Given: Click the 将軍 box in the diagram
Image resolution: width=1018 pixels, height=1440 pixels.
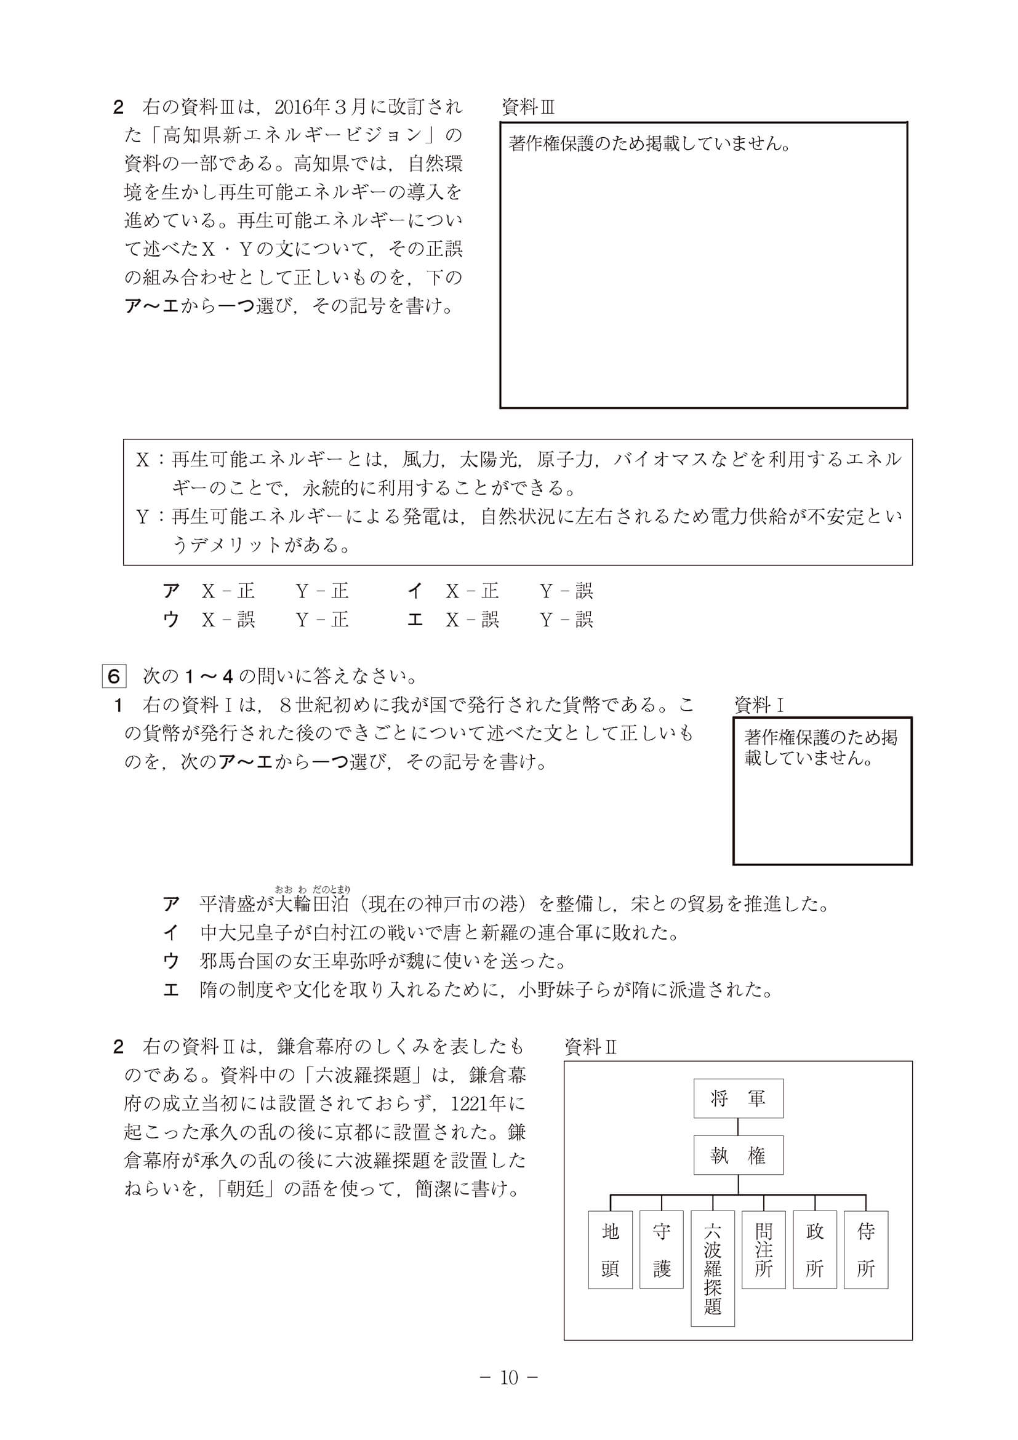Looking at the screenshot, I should (x=737, y=1098).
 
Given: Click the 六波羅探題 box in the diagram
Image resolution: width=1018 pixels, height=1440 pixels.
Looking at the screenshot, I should (x=713, y=1268).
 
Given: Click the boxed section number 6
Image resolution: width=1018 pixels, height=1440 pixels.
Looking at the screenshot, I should (x=113, y=676).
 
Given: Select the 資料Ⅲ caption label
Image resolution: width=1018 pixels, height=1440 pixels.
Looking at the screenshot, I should (x=528, y=107).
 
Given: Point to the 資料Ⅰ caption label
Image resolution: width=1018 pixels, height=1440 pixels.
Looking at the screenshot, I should (x=759, y=705).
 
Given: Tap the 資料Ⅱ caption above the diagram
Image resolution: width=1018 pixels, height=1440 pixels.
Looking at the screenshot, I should (x=591, y=1047).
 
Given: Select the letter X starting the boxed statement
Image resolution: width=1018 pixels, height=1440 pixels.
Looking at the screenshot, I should (x=142, y=460).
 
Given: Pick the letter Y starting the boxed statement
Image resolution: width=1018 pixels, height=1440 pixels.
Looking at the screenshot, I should (x=142, y=517).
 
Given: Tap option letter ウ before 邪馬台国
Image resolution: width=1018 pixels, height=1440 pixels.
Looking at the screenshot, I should (x=170, y=961).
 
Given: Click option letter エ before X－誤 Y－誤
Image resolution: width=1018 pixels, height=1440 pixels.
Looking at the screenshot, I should (x=415, y=620).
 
